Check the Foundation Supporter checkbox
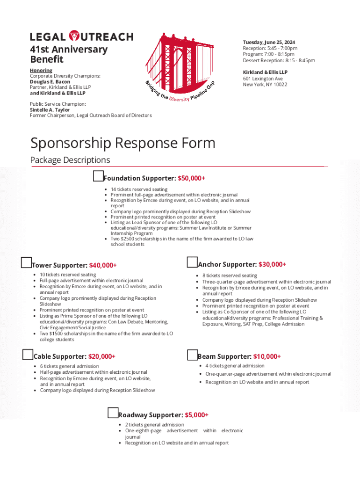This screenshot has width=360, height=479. pyautogui.click(x=98, y=176)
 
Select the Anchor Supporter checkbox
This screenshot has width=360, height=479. pyautogui.click(x=192, y=262)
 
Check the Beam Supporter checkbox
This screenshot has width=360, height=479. pyautogui.click(x=192, y=355)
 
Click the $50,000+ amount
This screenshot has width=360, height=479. pyautogui.click(x=192, y=178)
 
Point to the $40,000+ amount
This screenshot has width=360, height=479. pyautogui.click(x=103, y=265)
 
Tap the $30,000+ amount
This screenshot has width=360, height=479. pyautogui.click(x=272, y=264)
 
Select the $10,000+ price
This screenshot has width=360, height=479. pyautogui.click(x=267, y=356)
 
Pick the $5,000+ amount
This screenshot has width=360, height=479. pyautogui.click(x=196, y=415)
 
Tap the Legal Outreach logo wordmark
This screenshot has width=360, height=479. pyautogui.click(x=82, y=36)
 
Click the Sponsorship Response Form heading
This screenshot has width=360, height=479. pyautogui.click(x=123, y=143)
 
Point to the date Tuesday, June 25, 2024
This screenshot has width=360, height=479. pyautogui.click(x=269, y=42)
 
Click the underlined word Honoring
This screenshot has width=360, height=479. pyautogui.click(x=41, y=70)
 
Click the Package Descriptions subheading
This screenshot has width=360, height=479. pyautogui.click(x=70, y=160)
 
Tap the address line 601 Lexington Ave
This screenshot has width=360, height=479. pyautogui.click(x=263, y=79)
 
